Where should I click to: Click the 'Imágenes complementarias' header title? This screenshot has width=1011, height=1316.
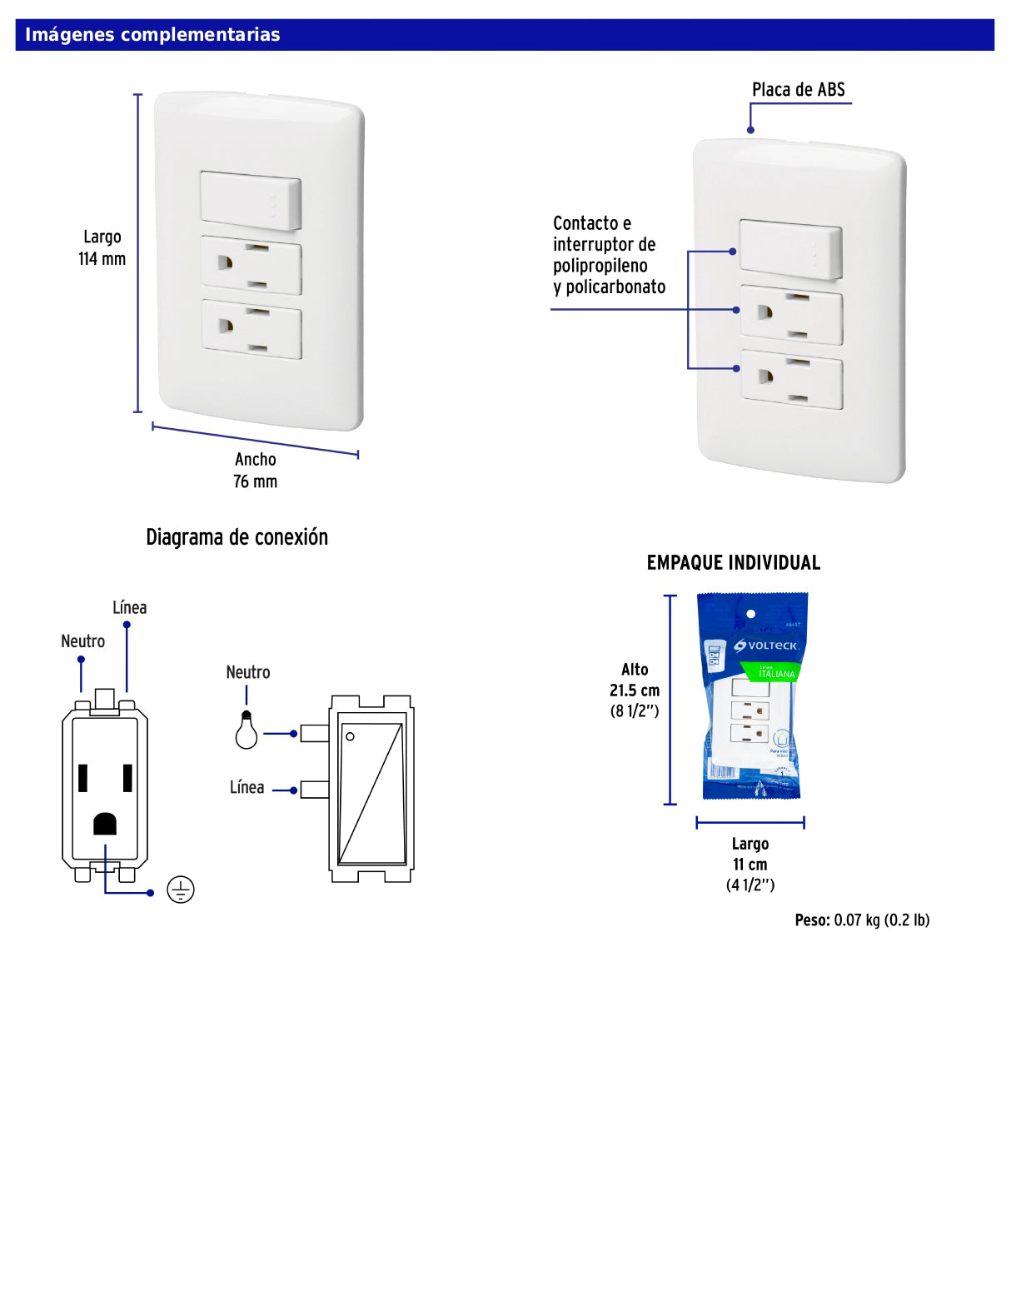click(152, 35)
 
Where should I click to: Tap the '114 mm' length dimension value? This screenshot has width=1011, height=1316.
click(102, 259)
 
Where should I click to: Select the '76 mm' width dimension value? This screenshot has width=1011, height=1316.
click(255, 481)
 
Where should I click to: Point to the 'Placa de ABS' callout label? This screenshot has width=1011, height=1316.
click(798, 90)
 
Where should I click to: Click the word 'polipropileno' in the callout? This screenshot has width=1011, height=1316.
click(600, 266)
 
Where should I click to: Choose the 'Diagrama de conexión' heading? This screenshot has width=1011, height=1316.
click(237, 537)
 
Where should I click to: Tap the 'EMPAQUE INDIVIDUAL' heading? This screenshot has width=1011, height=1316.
click(733, 563)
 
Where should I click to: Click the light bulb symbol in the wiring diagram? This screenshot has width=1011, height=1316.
click(246, 731)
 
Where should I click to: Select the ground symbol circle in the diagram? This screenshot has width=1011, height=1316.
click(181, 890)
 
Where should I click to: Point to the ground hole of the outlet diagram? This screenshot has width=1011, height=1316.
click(105, 824)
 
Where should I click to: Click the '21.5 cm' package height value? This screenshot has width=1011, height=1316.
click(634, 690)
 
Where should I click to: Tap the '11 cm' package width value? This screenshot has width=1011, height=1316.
click(750, 865)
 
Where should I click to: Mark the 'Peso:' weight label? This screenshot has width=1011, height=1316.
click(812, 920)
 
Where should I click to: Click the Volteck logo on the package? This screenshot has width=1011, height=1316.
click(766, 646)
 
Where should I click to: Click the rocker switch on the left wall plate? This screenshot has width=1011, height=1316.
click(251, 201)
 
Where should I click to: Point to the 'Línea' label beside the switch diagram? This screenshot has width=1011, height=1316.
click(247, 788)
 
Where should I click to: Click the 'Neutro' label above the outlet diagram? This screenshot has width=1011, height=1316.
click(82, 641)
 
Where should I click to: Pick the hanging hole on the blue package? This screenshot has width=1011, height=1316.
click(750, 614)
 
